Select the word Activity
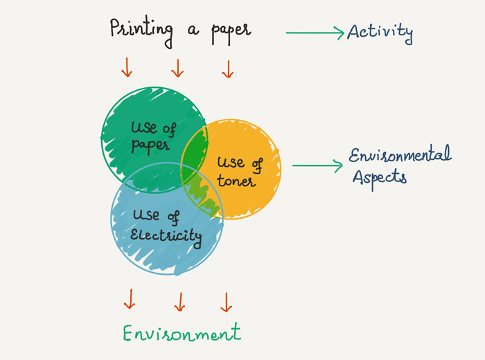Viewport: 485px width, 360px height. point(380,32)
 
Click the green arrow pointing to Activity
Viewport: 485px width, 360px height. point(315,31)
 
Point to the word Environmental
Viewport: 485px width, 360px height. point(400,155)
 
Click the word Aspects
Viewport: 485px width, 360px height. point(380,177)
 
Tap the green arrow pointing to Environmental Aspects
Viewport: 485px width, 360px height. point(318,165)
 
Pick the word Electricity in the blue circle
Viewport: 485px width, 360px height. point(167,237)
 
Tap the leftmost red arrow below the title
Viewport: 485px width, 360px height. point(127,67)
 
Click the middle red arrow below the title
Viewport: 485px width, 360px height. point(177,68)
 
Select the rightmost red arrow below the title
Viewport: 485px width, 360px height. point(227,69)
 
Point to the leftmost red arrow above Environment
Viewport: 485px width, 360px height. point(129,300)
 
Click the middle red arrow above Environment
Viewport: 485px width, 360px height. point(179,301)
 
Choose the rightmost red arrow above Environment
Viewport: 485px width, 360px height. point(225,301)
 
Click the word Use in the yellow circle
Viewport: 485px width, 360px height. point(230,163)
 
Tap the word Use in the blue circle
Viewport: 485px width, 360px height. point(145,217)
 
